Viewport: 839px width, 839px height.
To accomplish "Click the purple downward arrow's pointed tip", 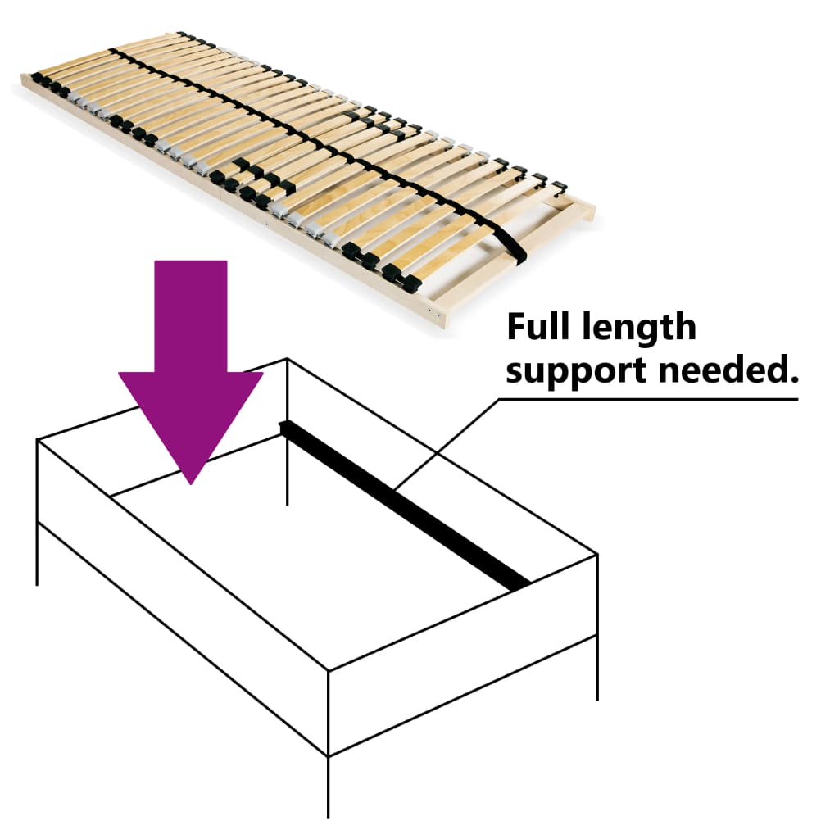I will [191, 479].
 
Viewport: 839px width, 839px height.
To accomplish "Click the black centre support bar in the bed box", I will [410, 508].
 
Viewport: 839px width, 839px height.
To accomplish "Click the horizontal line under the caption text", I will [655, 400].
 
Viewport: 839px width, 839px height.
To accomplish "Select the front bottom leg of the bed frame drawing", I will [329, 787].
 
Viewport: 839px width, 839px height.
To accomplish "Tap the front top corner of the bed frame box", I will [329, 672].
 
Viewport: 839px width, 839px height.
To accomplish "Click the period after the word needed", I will [793, 379].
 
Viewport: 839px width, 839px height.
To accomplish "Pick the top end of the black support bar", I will [284, 426].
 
